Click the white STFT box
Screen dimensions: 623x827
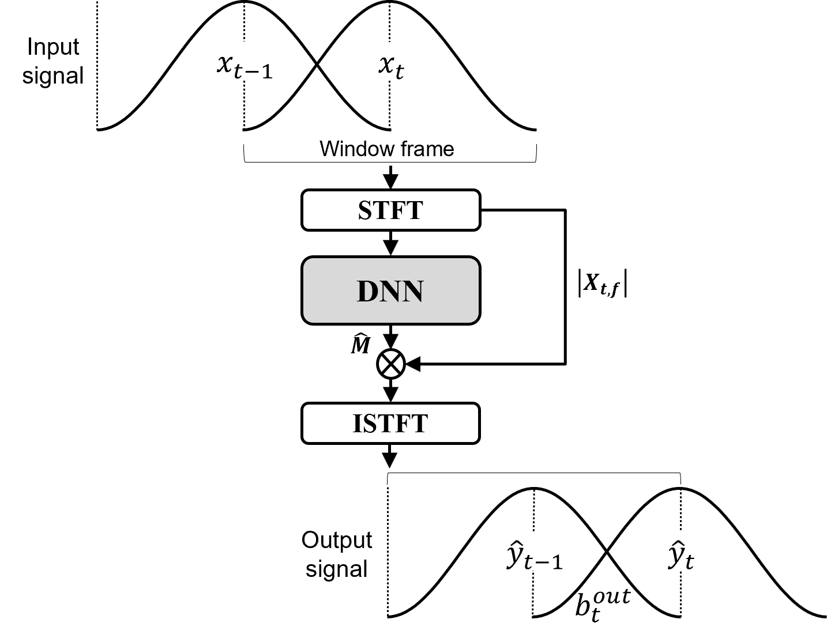point(390,210)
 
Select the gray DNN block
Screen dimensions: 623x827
point(390,290)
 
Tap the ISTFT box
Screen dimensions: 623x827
point(390,423)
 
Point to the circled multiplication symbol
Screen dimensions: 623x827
point(391,364)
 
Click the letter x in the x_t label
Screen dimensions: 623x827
point(386,63)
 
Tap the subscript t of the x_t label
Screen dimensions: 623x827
point(400,72)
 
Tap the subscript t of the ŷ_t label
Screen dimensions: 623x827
point(690,561)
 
